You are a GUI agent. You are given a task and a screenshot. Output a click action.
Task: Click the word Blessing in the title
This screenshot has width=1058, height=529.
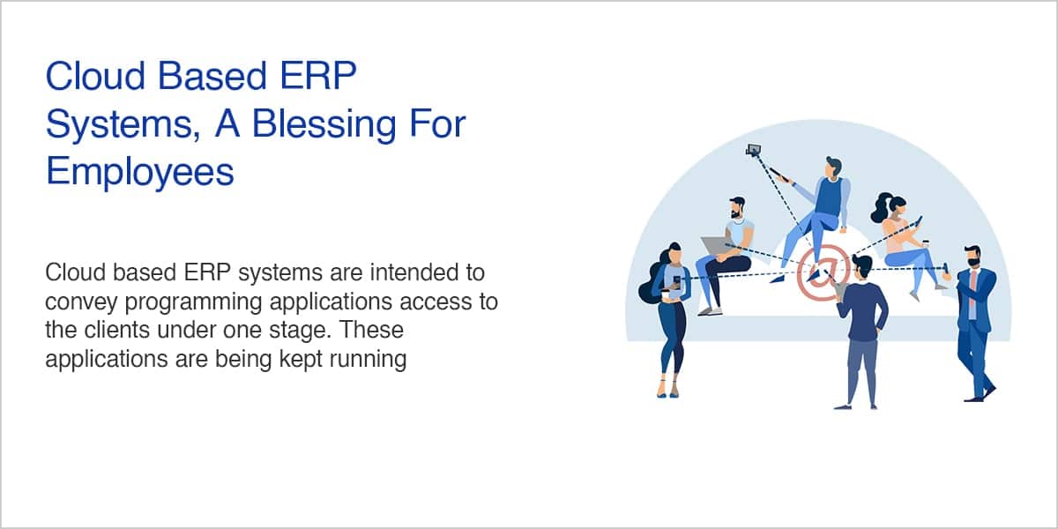[x=324, y=123]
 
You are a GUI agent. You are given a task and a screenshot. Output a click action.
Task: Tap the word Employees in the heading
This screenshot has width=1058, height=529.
[x=140, y=171]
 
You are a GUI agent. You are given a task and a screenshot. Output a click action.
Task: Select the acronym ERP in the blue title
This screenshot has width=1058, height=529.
[x=318, y=76]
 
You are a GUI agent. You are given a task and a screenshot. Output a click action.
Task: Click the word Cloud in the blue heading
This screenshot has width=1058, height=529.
[x=95, y=76]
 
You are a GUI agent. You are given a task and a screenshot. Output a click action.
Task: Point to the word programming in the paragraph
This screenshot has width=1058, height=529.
[x=193, y=302]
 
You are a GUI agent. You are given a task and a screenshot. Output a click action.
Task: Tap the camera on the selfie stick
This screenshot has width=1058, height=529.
[x=753, y=150]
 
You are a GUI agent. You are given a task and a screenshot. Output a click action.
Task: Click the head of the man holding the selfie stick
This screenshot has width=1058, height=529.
[x=833, y=168]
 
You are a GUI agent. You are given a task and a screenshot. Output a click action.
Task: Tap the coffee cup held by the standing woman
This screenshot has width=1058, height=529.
[x=666, y=294]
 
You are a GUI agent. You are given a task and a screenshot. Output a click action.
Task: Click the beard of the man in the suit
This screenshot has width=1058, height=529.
[x=973, y=262]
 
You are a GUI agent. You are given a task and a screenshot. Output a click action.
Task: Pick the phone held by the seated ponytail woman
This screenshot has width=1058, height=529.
[x=919, y=220]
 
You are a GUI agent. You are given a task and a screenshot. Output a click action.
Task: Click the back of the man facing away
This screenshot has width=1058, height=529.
[x=862, y=310]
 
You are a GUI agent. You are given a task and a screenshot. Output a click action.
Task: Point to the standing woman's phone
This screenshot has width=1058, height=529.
[x=677, y=281]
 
